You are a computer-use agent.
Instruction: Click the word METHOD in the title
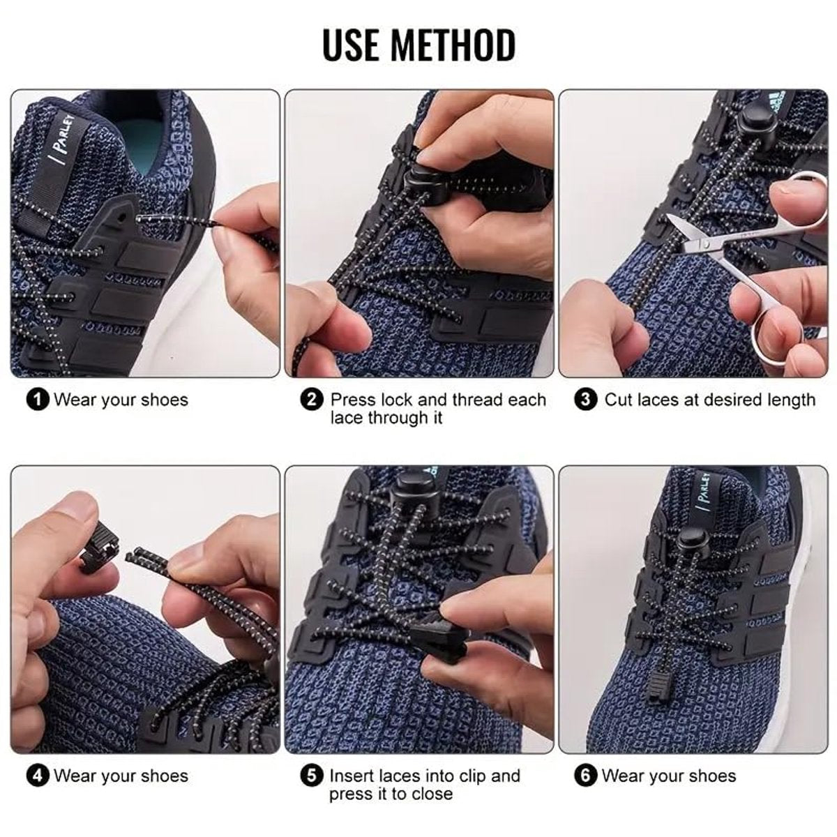[453, 44]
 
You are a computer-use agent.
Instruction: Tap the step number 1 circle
[38, 400]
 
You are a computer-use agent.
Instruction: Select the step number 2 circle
[312, 400]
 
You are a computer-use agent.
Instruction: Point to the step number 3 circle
[586, 400]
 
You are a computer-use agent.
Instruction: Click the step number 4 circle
[38, 776]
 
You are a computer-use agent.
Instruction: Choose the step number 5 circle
[312, 776]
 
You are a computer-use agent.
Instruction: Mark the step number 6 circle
[586, 776]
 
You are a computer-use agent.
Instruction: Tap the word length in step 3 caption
[788, 400]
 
